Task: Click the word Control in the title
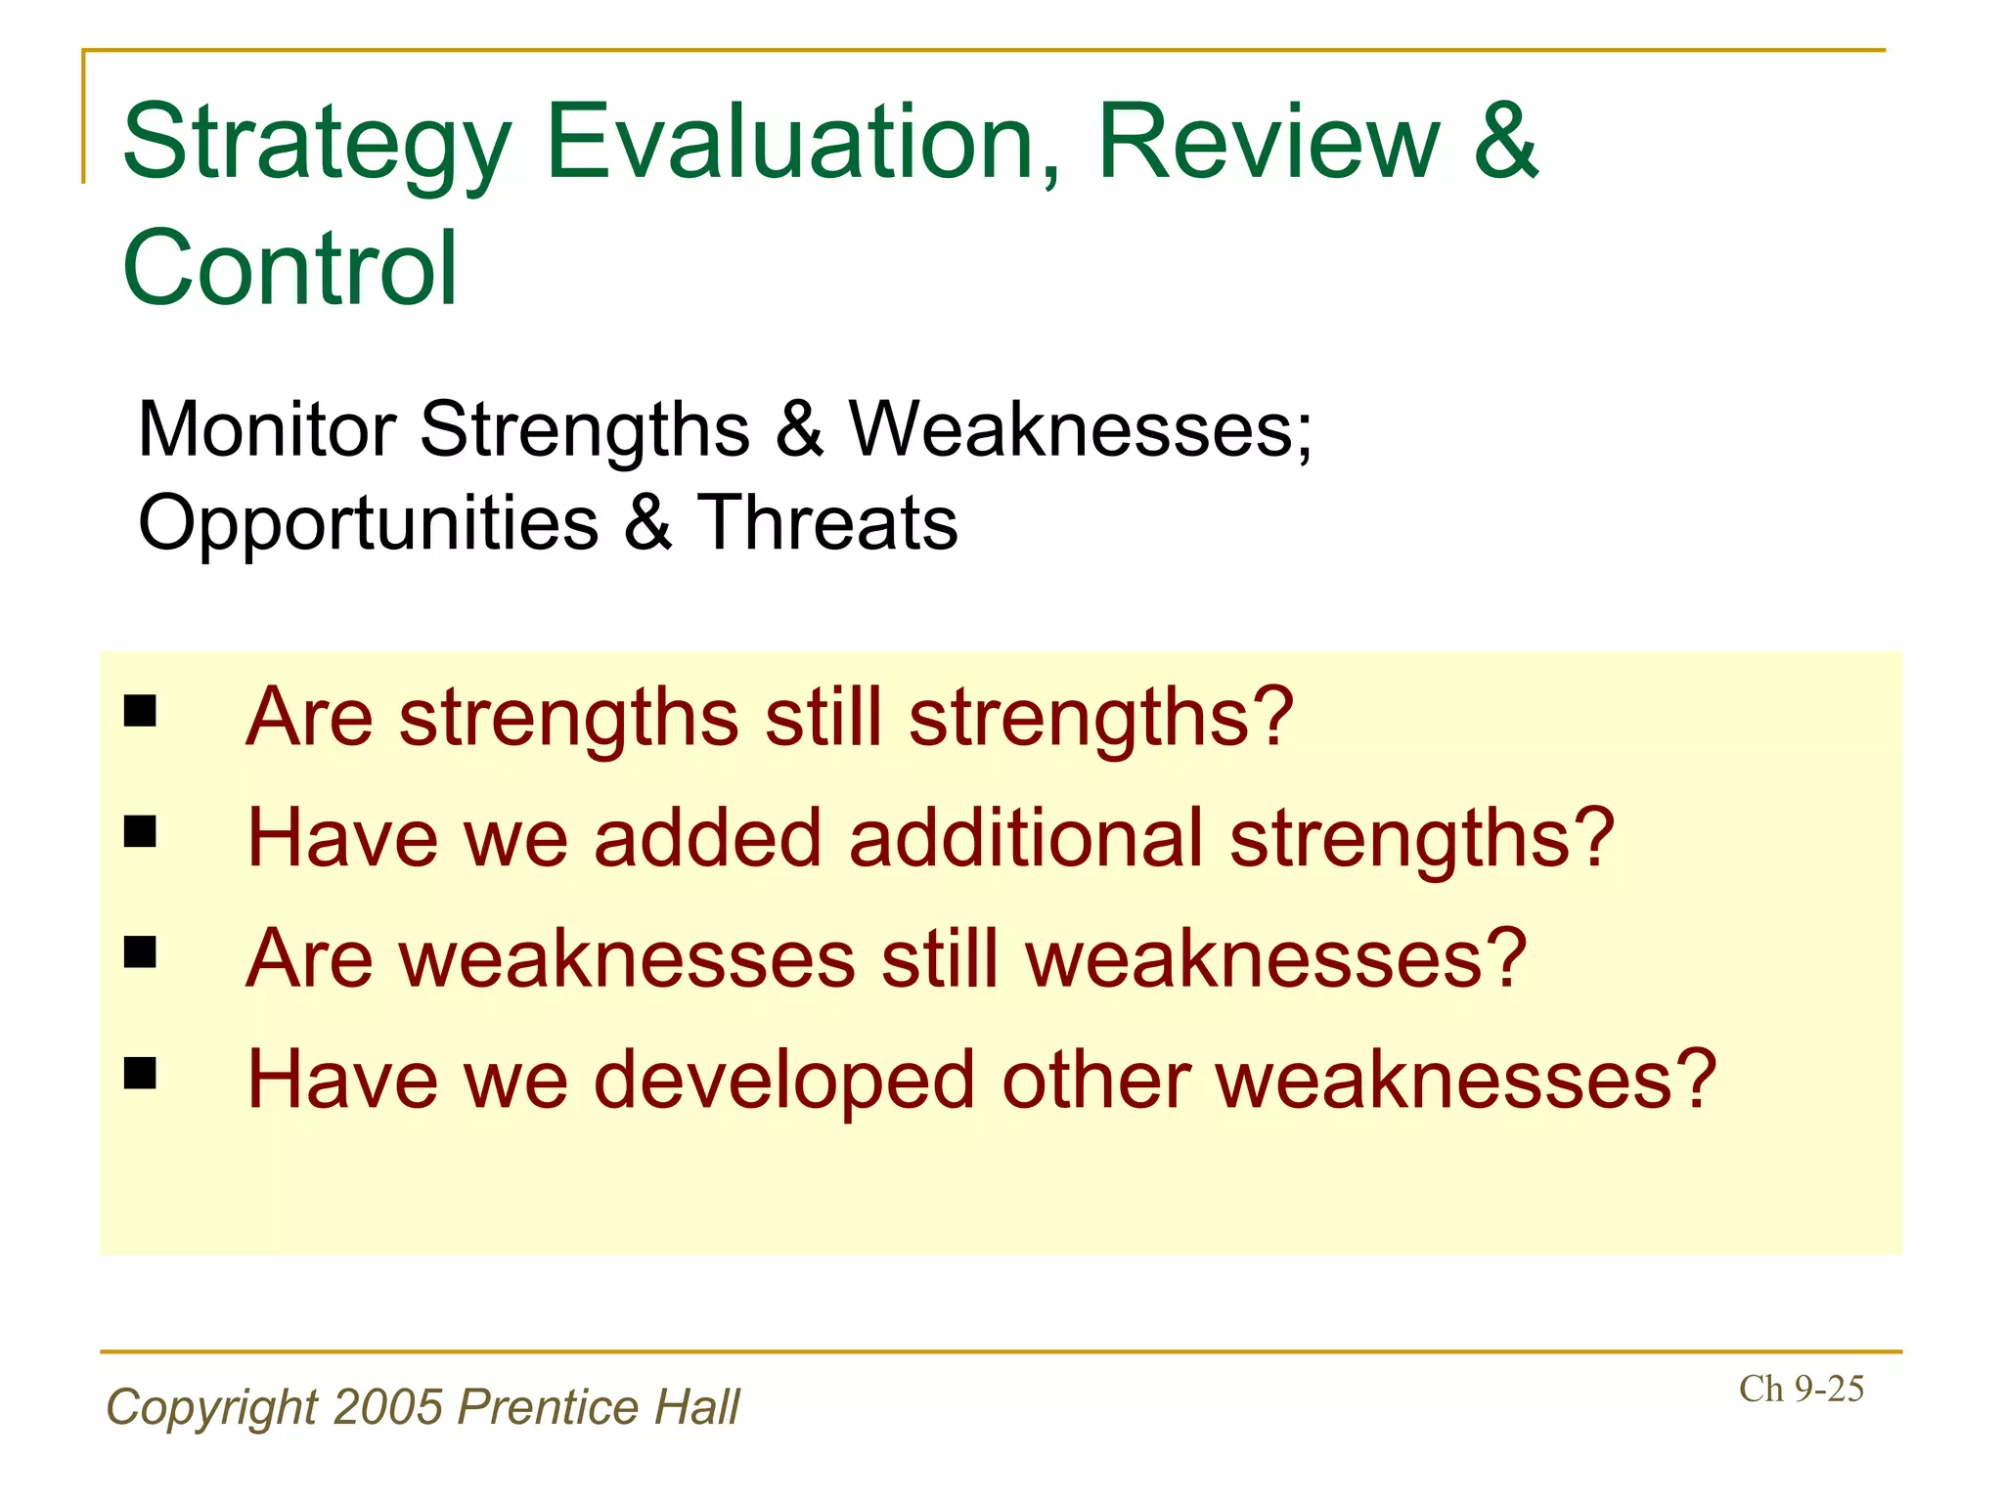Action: tap(289, 268)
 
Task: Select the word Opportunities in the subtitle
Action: tap(368, 522)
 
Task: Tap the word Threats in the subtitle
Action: tap(826, 522)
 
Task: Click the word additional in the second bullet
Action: tap(1025, 838)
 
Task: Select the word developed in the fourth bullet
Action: tap(784, 1080)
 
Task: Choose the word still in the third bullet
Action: tap(940, 959)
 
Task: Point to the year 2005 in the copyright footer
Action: tap(388, 1406)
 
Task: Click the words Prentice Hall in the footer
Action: tap(599, 1406)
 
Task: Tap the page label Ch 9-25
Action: tap(1801, 1389)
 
